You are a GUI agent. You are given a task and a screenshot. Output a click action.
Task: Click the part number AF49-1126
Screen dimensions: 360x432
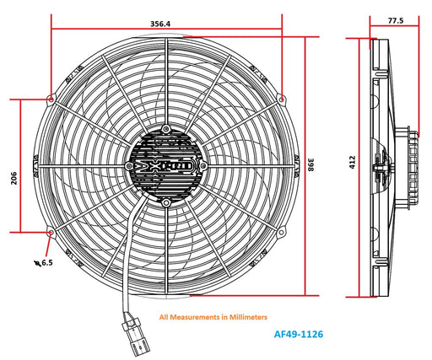(299, 334)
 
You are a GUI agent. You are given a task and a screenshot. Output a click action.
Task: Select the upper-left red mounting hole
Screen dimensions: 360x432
(52, 99)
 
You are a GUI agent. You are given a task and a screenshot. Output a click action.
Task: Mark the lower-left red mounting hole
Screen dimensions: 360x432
(52, 232)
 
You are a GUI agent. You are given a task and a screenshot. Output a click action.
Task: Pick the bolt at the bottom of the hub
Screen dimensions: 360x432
(167, 202)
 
